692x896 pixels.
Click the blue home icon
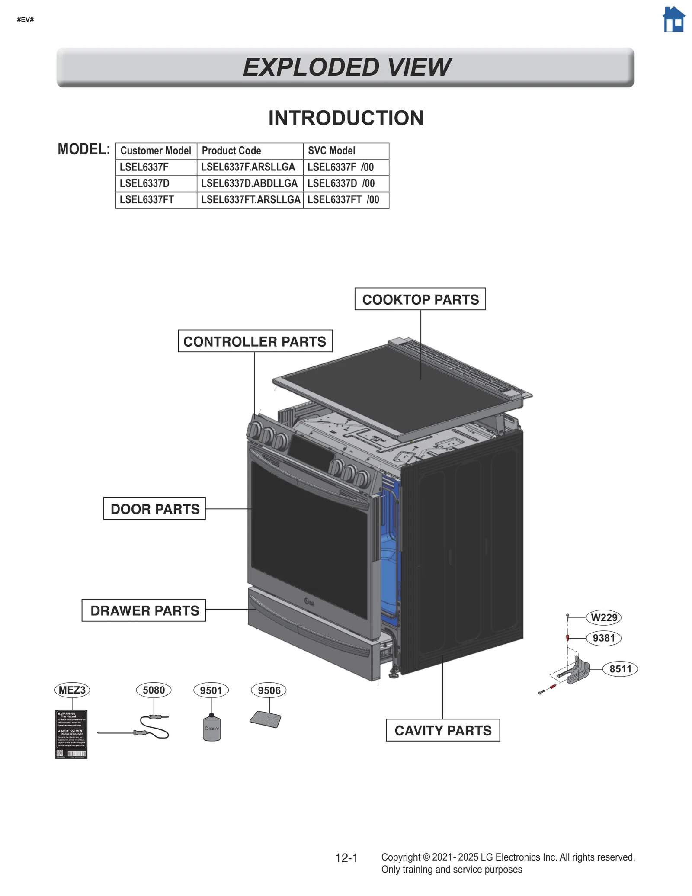[x=673, y=20]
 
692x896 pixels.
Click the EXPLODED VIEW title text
[x=346, y=67]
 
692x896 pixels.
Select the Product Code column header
[x=231, y=151]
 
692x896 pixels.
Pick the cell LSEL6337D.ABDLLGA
[x=249, y=183]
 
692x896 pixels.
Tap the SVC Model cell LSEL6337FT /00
[x=343, y=200]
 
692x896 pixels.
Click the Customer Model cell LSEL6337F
[x=144, y=167]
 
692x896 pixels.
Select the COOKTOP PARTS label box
[x=420, y=299]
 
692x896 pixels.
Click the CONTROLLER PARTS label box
[x=255, y=341]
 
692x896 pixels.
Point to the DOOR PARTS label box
[x=154, y=509]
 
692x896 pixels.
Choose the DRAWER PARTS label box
[x=144, y=610]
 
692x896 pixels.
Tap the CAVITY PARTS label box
[x=442, y=730]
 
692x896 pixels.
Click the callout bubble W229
[x=604, y=617]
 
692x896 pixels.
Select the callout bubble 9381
[x=604, y=638]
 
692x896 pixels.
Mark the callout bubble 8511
[x=620, y=669]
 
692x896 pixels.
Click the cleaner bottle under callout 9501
[x=211, y=729]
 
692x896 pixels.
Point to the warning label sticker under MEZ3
[x=71, y=734]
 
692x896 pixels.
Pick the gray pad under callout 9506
[x=266, y=719]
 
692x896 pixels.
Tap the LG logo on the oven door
[x=309, y=602]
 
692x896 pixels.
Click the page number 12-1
[x=346, y=858]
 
